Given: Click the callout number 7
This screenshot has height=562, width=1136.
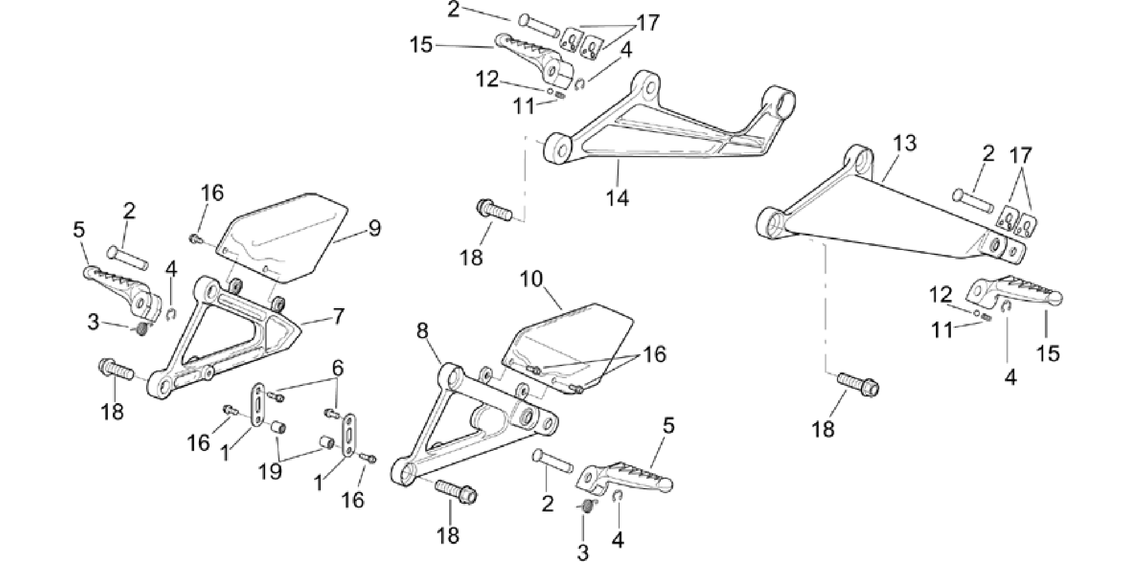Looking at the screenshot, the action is point(338,317).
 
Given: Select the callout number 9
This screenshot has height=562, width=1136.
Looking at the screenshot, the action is point(375,228).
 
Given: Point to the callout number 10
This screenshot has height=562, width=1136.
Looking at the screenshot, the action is point(532,279).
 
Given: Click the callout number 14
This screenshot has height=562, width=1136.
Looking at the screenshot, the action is point(618,198).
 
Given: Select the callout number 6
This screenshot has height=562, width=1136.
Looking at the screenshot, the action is point(338,368).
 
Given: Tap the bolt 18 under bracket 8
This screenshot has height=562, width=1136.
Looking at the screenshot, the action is point(456,491).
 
